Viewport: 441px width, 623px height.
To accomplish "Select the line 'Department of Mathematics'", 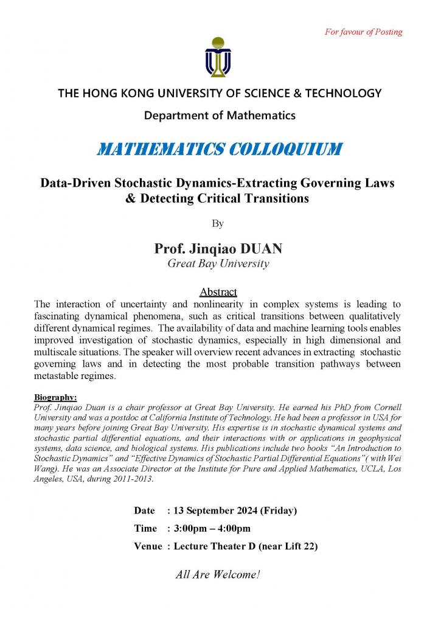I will coord(220,114).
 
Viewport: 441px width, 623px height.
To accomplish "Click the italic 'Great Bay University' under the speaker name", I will coord(218,263).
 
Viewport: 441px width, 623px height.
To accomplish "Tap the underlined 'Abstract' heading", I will coord(218,292).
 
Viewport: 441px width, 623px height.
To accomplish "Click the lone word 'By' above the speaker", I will coord(218,223).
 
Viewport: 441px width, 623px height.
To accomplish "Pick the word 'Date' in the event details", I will coord(145,510).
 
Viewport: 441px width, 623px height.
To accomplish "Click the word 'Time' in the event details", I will coord(145,528).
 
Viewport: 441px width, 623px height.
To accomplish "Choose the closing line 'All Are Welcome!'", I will coord(218,574).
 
